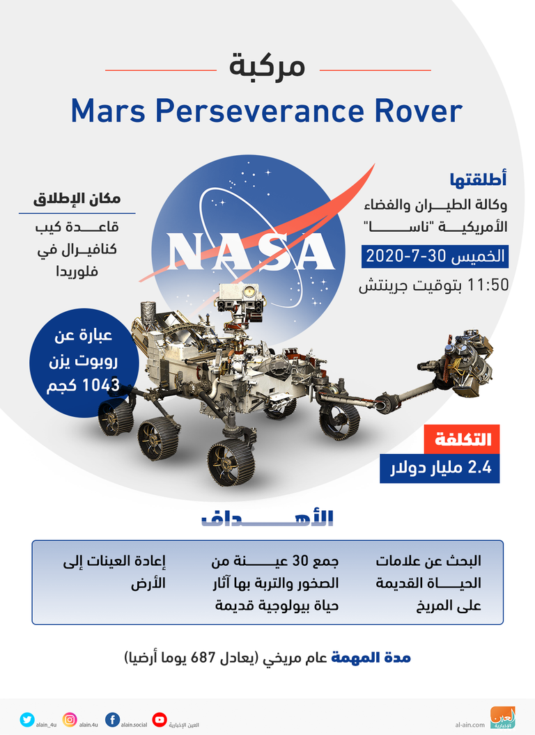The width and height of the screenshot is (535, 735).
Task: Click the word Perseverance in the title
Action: point(260,111)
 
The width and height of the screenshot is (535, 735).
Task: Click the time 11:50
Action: point(488,285)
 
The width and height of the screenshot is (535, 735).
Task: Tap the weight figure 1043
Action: point(101,386)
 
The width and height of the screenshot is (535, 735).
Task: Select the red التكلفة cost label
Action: point(463,439)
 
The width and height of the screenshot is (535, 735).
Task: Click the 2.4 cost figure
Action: point(480,467)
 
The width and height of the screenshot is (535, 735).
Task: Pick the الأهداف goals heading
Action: point(267,518)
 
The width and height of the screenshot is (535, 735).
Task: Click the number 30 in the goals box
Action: point(300,560)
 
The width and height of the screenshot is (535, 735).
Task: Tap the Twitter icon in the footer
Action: point(27,720)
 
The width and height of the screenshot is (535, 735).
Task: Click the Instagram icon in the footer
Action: point(70,720)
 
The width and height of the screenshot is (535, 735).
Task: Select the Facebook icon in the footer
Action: point(112,720)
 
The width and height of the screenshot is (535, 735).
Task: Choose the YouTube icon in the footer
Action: point(160,720)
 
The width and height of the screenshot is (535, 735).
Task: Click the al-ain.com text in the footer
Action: point(470,725)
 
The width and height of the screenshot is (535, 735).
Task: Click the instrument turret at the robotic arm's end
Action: point(463,361)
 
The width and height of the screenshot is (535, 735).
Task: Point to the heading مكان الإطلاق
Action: point(77,199)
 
